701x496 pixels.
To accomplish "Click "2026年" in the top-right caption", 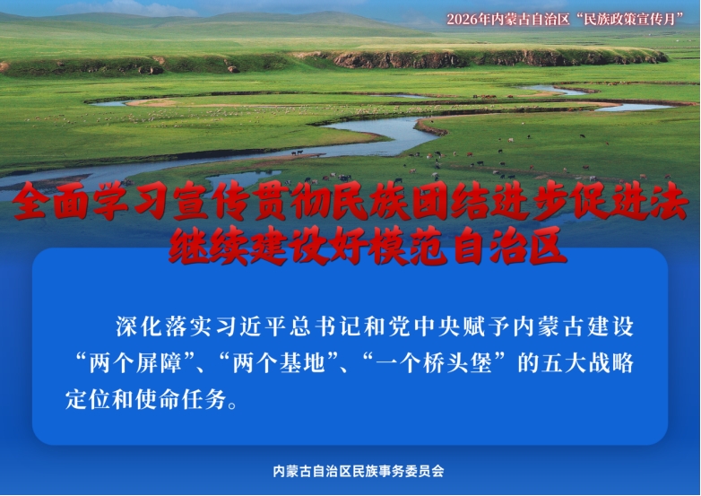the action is tap(469, 19).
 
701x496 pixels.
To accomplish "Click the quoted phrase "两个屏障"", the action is tap(135, 363).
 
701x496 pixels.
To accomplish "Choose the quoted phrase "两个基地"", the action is tap(279, 363).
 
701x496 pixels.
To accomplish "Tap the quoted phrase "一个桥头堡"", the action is tap(434, 363).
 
